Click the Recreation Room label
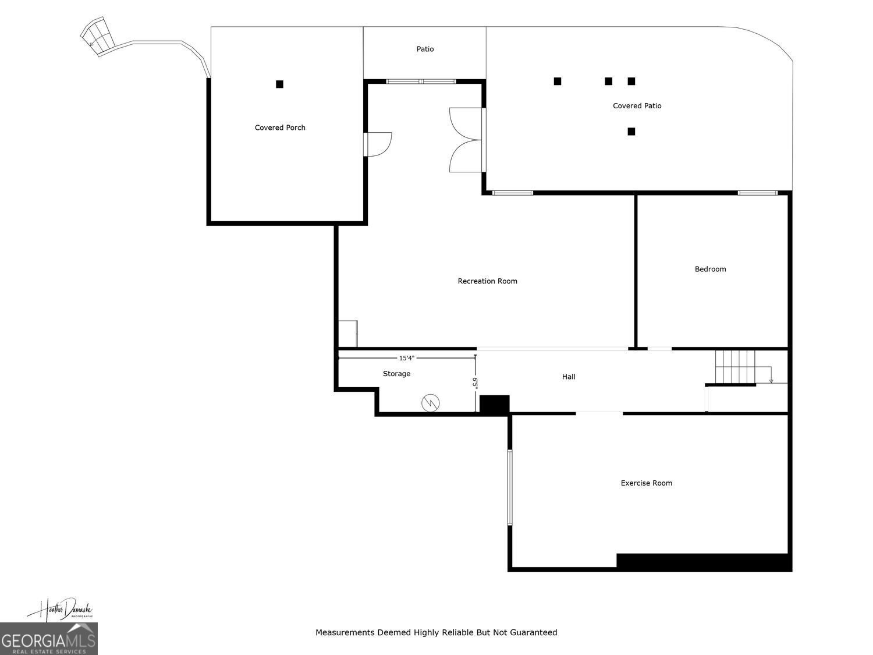click(x=487, y=281)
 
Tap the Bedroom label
click(x=710, y=269)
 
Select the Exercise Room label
click(x=646, y=483)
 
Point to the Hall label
click(x=569, y=377)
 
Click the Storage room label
click(x=396, y=374)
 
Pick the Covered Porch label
click(x=280, y=128)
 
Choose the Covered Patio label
click(x=637, y=106)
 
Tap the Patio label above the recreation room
click(x=425, y=49)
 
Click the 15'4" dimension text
click(x=407, y=358)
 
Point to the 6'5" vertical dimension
click(x=475, y=383)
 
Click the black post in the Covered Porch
click(x=279, y=84)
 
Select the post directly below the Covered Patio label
click(x=631, y=132)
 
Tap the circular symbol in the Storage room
click(x=431, y=402)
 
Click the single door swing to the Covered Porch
click(x=378, y=144)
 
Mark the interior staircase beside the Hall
click(x=734, y=367)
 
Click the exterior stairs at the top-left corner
click(x=96, y=37)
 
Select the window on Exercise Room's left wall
click(x=510, y=487)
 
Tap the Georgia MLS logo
click(x=48, y=639)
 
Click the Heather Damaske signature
click(x=59, y=609)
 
